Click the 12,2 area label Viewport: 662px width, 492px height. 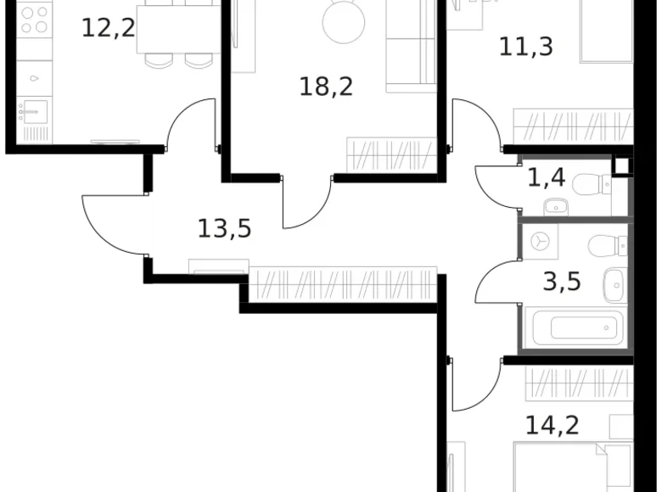(108, 28)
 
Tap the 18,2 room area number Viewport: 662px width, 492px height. (325, 86)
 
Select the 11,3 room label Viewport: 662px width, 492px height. (525, 46)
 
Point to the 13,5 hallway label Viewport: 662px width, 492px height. (224, 228)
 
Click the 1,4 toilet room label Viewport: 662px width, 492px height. (546, 178)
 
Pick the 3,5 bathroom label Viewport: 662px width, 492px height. (562, 280)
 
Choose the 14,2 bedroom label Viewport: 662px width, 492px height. (553, 424)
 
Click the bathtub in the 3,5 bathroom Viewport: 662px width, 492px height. (574, 327)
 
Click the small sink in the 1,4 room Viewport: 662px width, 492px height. (557, 205)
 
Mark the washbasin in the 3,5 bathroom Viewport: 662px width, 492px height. (614, 283)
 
